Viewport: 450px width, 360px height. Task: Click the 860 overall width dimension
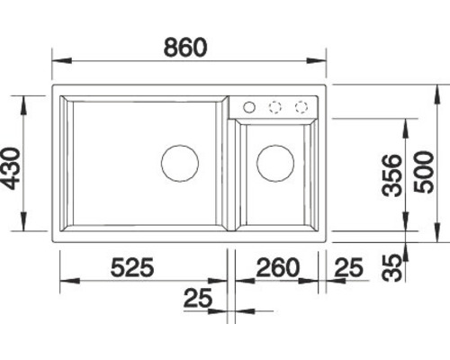pos(185,47)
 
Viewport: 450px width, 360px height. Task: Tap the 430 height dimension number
pos(10,168)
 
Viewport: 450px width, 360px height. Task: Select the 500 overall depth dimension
pos(424,172)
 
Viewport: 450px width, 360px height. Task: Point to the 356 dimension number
pos(391,175)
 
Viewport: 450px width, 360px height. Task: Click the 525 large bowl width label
pos(132,266)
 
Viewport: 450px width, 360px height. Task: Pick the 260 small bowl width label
pos(278,267)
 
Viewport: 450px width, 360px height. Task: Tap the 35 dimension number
pos(391,268)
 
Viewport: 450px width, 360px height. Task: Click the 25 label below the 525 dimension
pos(198,298)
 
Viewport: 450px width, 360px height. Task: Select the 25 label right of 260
pos(348,266)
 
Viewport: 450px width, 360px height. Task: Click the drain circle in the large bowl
pos(180,145)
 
